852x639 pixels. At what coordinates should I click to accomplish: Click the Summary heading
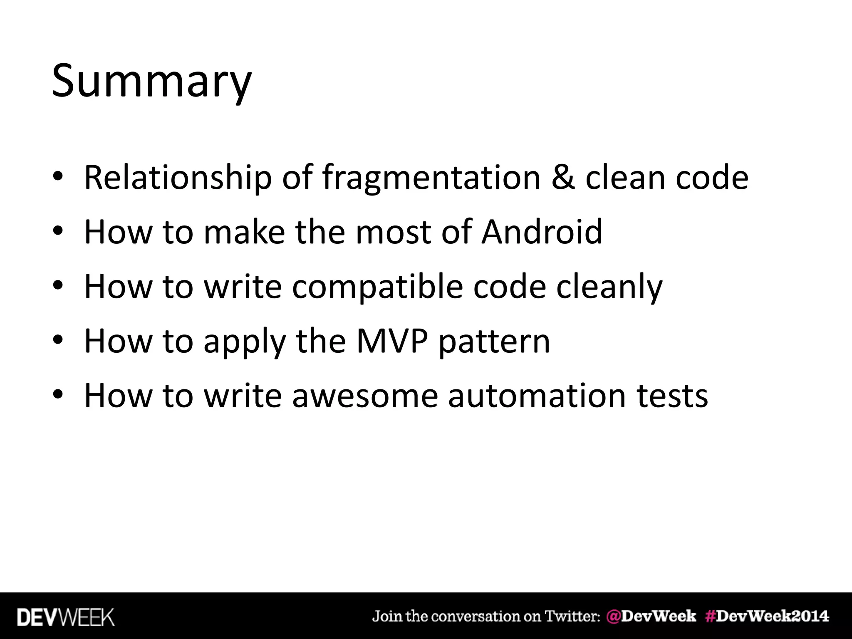(x=151, y=81)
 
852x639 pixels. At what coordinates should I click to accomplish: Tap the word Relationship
(x=178, y=178)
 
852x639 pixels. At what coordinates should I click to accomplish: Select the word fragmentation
(x=431, y=178)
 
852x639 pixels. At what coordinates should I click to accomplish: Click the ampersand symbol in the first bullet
(x=563, y=178)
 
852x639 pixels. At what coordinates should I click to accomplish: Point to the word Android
(x=542, y=232)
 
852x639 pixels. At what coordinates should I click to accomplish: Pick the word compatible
(x=377, y=287)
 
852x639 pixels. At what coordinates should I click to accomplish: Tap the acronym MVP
(x=392, y=341)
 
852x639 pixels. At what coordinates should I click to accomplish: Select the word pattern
(x=494, y=341)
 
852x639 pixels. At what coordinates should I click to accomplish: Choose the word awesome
(x=365, y=396)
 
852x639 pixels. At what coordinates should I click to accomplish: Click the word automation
(x=537, y=396)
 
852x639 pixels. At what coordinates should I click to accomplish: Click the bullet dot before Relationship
(x=58, y=178)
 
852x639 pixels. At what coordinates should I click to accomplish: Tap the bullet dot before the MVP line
(x=58, y=341)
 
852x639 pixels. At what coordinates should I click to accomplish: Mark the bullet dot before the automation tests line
(x=58, y=396)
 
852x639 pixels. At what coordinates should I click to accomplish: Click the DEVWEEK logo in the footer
(x=66, y=617)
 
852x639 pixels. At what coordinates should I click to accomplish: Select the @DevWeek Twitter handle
(x=651, y=616)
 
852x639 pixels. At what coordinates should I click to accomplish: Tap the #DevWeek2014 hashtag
(x=767, y=616)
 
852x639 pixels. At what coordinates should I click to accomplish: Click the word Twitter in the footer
(x=572, y=616)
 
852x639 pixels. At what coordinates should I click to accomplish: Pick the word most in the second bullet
(x=393, y=232)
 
